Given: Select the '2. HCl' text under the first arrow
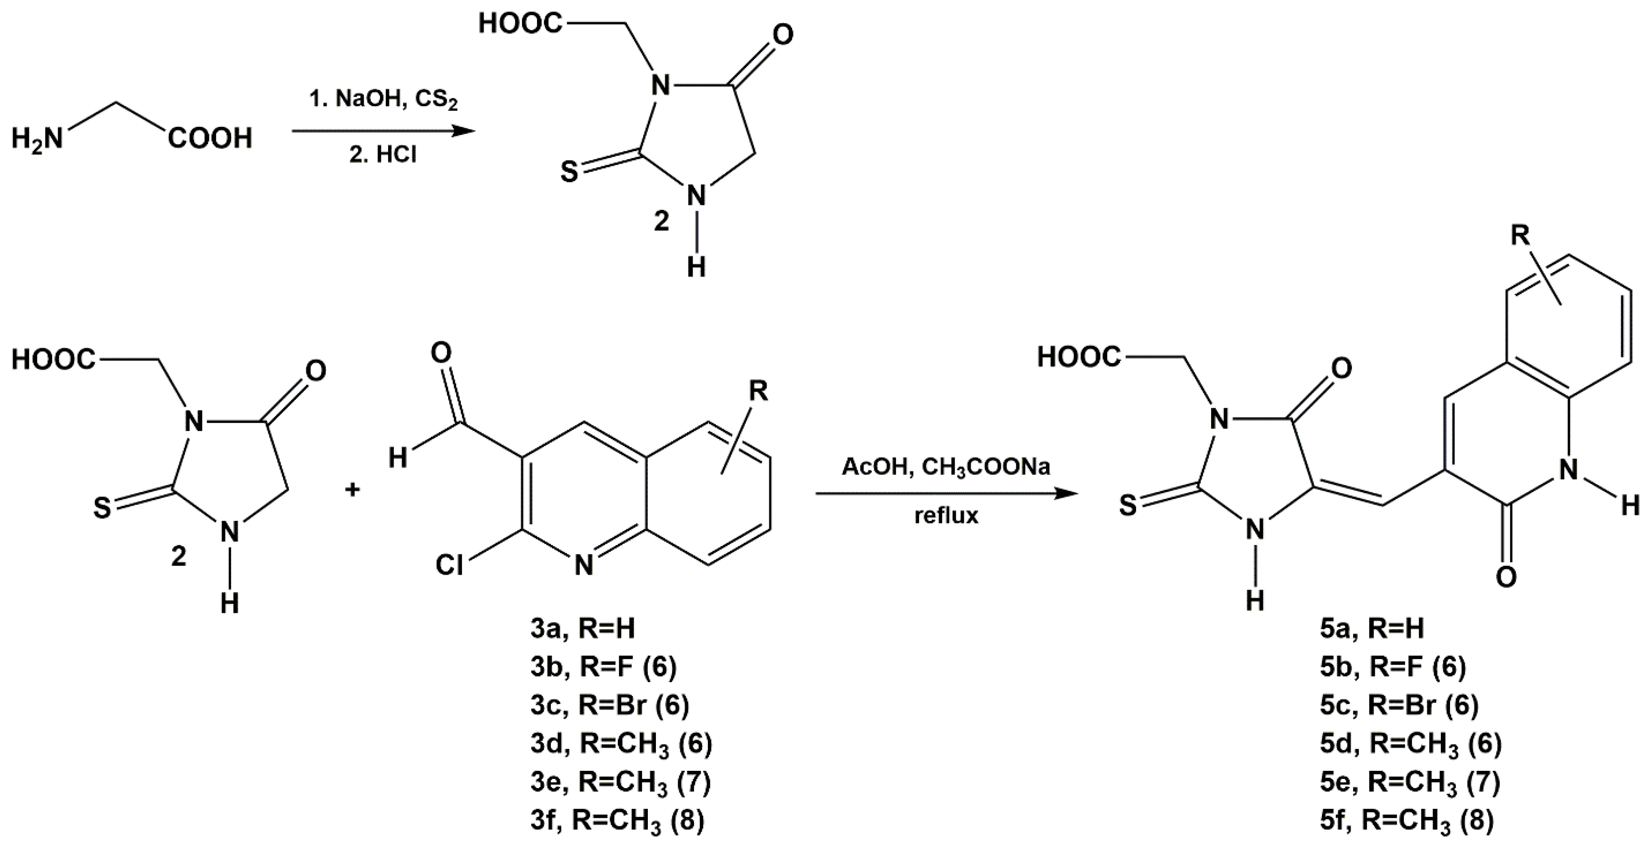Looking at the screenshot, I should [383, 155].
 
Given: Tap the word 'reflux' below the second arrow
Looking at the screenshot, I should [946, 515].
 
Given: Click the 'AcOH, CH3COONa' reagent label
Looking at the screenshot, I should [946, 467].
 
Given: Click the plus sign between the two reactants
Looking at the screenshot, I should [352, 490].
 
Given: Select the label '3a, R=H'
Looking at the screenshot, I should [583, 629].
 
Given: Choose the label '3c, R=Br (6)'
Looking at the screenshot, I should [610, 705].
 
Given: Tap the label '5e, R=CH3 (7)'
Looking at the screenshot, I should [1409, 782].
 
